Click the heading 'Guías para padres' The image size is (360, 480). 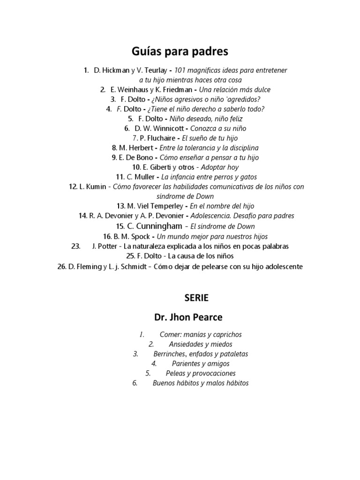pyautogui.click(x=180, y=51)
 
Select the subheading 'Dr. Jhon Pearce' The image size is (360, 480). pyautogui.click(x=180, y=317)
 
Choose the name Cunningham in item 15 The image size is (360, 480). pyautogui.click(x=158, y=226)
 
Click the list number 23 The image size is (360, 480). pyautogui.click(x=75, y=246)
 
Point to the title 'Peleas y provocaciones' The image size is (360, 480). pyautogui.click(x=201, y=374)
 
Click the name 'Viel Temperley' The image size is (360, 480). pyautogui.click(x=159, y=206)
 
